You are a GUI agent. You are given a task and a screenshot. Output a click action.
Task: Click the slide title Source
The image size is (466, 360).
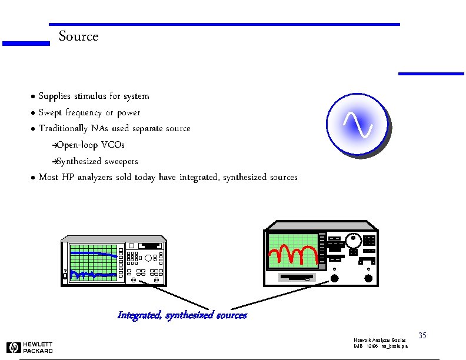pyautogui.click(x=78, y=36)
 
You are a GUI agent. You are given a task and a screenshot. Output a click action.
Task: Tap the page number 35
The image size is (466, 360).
pyautogui.click(x=422, y=336)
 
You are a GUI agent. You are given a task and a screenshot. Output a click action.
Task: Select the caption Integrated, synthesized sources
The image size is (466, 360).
pyautogui.click(x=182, y=315)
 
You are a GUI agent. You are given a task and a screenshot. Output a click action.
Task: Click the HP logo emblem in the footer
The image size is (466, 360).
pyautogui.click(x=14, y=348)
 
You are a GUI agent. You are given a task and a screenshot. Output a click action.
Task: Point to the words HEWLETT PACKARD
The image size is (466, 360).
pyautogui.click(x=38, y=348)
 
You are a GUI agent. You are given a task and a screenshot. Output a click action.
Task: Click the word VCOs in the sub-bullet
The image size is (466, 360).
pyautogui.click(x=113, y=145)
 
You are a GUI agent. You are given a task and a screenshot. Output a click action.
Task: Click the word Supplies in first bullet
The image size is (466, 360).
pyautogui.click(x=54, y=96)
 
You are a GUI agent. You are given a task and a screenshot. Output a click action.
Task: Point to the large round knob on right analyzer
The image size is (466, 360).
pyautogui.click(x=353, y=240)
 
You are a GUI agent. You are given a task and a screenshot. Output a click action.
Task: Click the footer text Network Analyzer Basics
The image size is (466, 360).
pyautogui.click(x=380, y=341)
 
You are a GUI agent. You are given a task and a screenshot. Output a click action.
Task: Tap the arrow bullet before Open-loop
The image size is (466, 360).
pyautogui.click(x=54, y=145)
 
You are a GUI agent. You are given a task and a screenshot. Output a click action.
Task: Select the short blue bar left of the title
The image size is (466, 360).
pyautogui.click(x=25, y=44)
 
